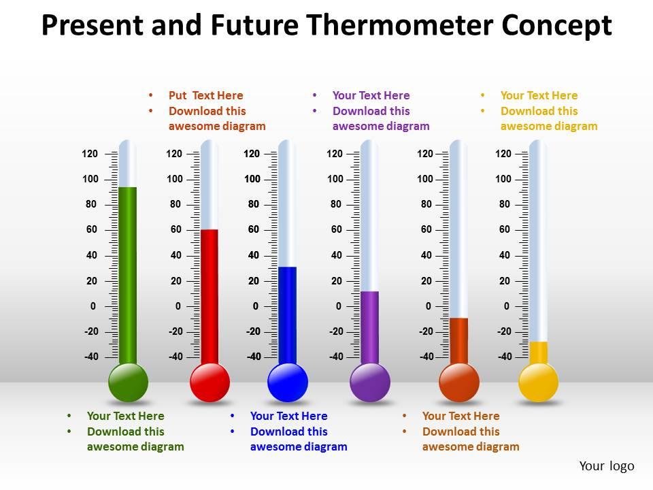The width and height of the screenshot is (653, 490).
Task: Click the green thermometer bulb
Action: (128, 382)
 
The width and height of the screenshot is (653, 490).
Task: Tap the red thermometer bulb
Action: (210, 382)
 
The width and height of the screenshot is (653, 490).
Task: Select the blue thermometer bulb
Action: (288, 382)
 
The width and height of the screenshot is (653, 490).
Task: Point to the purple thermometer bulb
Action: (369, 382)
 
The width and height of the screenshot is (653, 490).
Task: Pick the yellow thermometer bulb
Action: (538, 382)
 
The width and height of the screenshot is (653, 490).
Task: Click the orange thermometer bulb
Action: (459, 382)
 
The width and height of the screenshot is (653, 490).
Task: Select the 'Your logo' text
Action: (607, 466)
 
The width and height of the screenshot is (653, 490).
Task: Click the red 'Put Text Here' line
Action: (205, 95)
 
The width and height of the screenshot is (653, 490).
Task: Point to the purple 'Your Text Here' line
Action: (371, 95)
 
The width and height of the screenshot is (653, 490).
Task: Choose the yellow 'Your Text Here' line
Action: (539, 95)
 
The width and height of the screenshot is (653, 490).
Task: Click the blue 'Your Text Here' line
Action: (288, 416)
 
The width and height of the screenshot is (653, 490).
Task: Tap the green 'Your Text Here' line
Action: (125, 416)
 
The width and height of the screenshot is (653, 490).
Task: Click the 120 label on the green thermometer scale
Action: (90, 154)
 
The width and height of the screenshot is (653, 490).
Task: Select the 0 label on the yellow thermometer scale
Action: (507, 306)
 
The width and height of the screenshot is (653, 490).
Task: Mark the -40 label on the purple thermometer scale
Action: (336, 357)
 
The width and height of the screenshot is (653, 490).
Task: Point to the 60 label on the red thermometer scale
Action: (176, 229)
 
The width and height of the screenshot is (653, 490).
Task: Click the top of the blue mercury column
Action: (287, 268)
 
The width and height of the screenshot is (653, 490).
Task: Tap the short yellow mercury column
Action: (538, 353)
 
